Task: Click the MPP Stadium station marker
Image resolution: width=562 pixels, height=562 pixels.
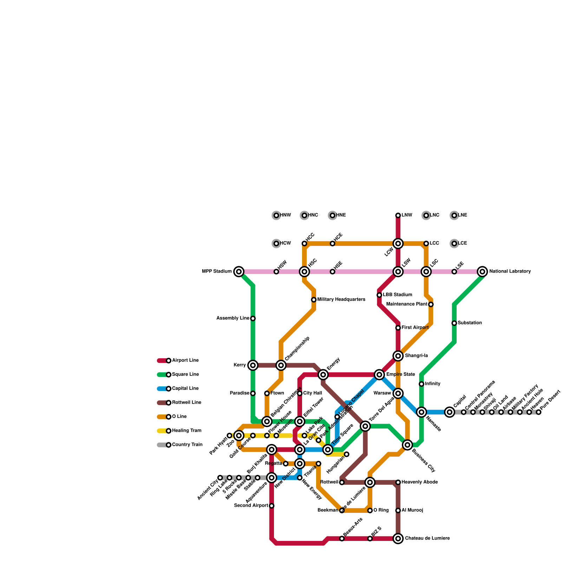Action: (239, 272)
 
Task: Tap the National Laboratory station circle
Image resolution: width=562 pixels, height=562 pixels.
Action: (483, 272)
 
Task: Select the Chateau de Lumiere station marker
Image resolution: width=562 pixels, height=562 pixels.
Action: (398, 538)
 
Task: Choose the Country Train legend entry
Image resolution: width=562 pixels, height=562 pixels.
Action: (179, 445)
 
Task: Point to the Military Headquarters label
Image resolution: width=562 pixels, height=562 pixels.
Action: (341, 300)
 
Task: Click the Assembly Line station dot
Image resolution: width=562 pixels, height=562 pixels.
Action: (253, 318)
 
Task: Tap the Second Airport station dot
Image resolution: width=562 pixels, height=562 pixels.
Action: (272, 506)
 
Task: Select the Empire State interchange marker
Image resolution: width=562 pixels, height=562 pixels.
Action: (379, 374)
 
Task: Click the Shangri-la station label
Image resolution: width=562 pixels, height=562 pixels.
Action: (416, 356)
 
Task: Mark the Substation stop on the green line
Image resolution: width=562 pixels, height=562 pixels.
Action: (454, 323)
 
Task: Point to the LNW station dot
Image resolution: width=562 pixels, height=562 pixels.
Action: (398, 215)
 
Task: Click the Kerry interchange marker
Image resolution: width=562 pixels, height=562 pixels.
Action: (253, 365)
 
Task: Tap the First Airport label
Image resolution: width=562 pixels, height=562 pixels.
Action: (415, 328)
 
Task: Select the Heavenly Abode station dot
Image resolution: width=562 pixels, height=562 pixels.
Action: (398, 482)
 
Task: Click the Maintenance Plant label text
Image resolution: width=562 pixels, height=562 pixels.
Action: (406, 304)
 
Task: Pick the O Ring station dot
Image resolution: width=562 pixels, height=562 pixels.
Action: (370, 510)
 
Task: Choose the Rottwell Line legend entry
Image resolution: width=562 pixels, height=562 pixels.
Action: (179, 403)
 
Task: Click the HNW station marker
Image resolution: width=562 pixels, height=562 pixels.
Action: (276, 215)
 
